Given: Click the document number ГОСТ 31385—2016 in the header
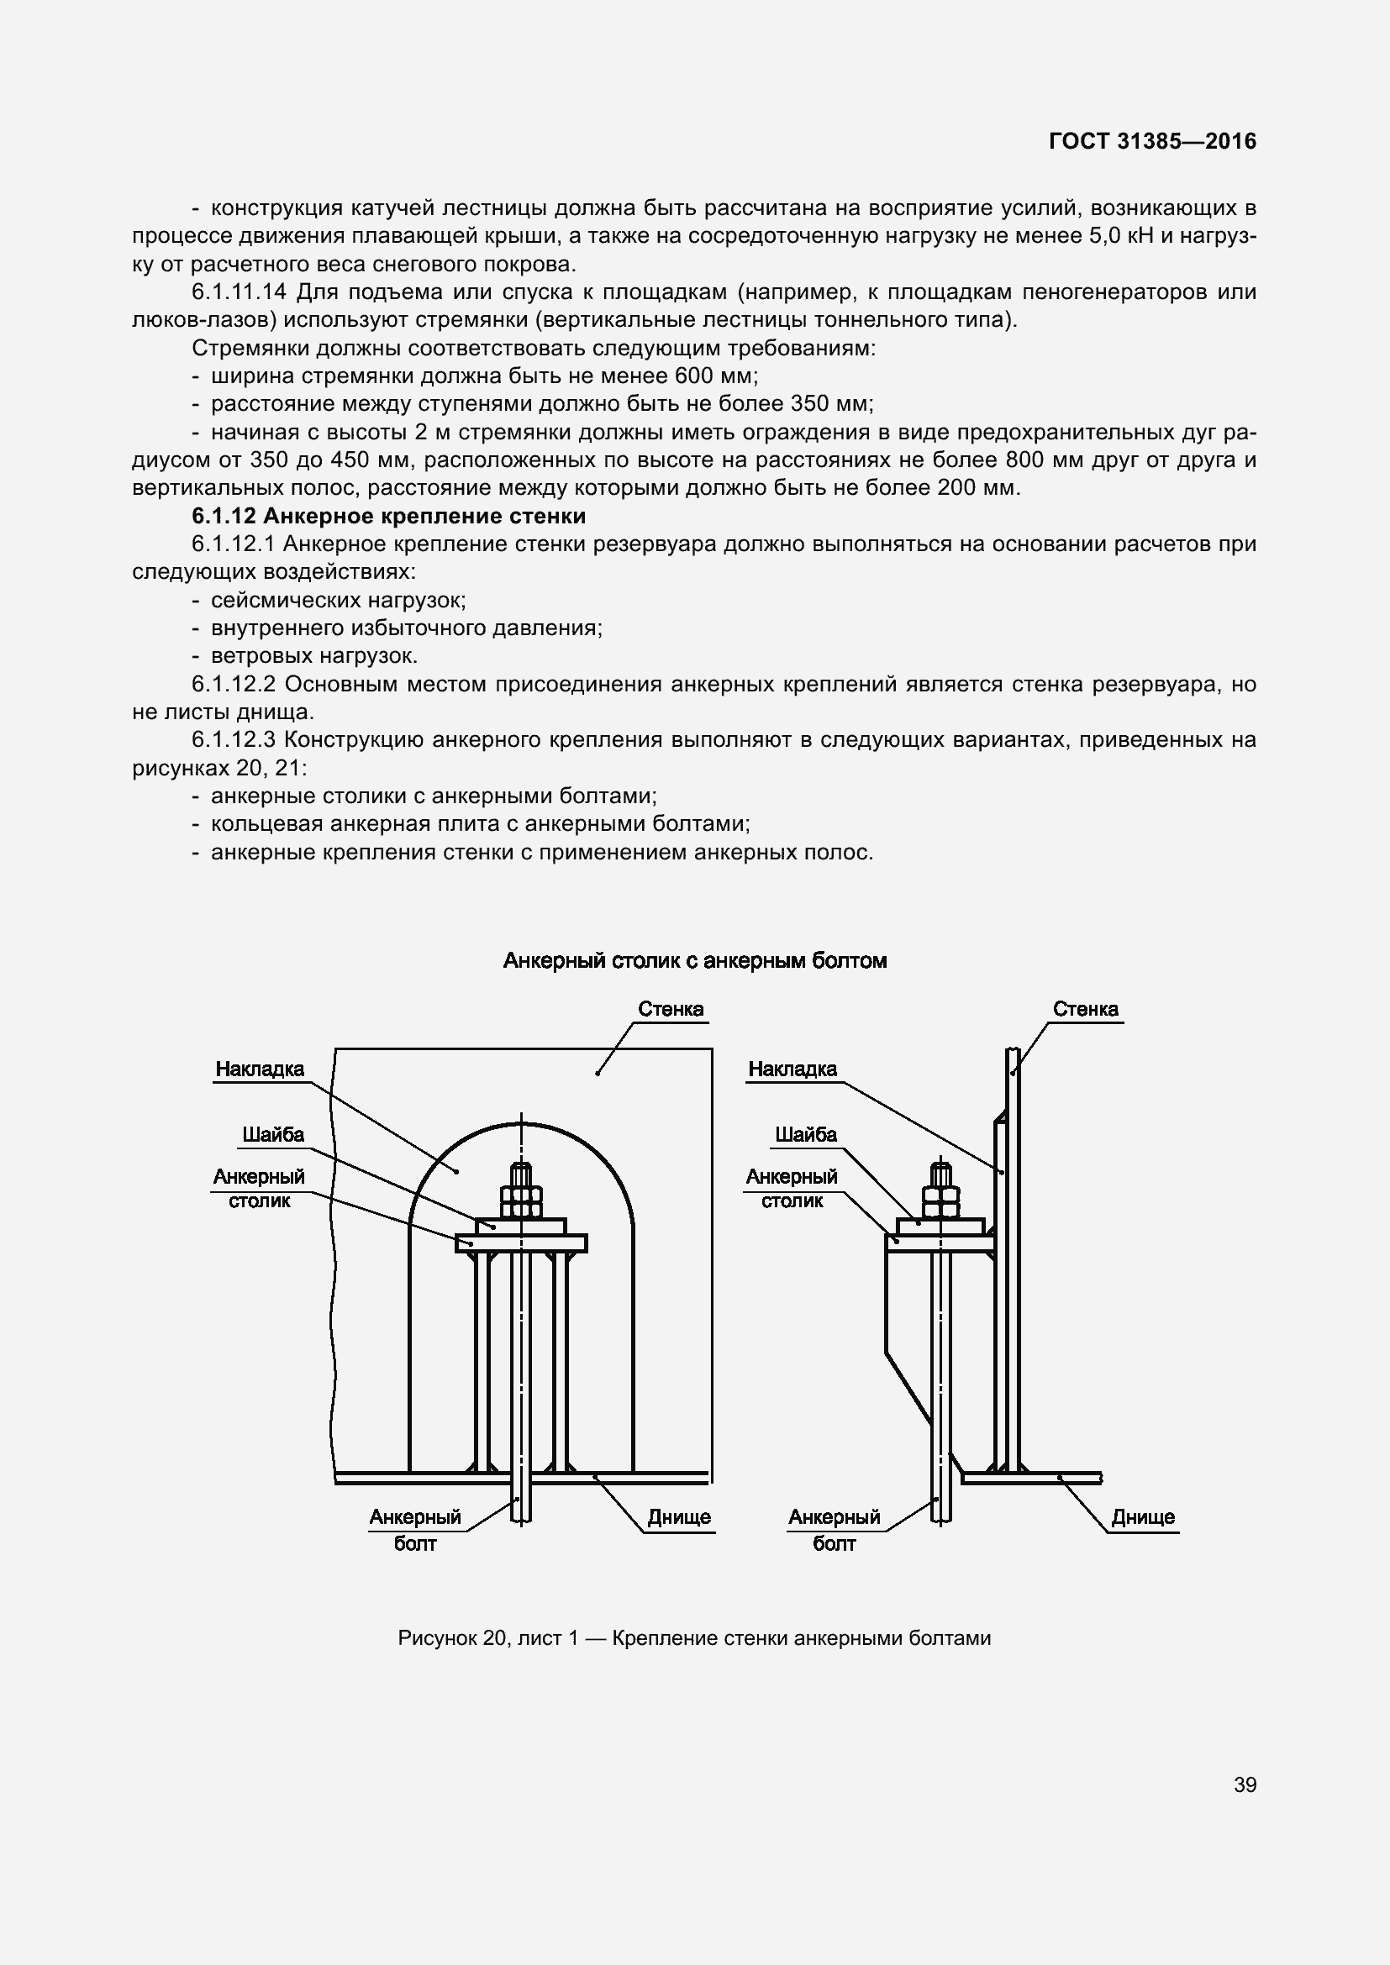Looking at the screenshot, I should pyautogui.click(x=1152, y=141).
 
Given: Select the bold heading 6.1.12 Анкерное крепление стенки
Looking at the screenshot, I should pyautogui.click(x=388, y=516).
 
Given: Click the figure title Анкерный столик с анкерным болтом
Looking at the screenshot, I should pyautogui.click(x=694, y=960).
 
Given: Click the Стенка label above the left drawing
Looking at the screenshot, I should pyautogui.click(x=670, y=1009).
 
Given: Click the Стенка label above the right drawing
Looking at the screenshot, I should pyautogui.click(x=1084, y=1009).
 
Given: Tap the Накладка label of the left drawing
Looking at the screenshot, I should pyautogui.click(x=260, y=1069).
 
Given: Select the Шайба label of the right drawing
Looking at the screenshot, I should pyautogui.click(x=805, y=1135).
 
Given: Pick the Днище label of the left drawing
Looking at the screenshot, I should pyautogui.click(x=679, y=1517).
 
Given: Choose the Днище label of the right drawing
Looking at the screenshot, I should pyautogui.click(x=1143, y=1517).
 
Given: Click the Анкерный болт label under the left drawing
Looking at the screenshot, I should pyautogui.click(x=415, y=1530).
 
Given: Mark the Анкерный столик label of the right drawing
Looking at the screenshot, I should pyautogui.click(x=792, y=1188).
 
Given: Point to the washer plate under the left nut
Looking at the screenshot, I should pyautogui.click(x=520, y=1226).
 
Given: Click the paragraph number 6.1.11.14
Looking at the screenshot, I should pyautogui.click(x=239, y=292).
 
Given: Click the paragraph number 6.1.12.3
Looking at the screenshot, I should pyautogui.click(x=234, y=739).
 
